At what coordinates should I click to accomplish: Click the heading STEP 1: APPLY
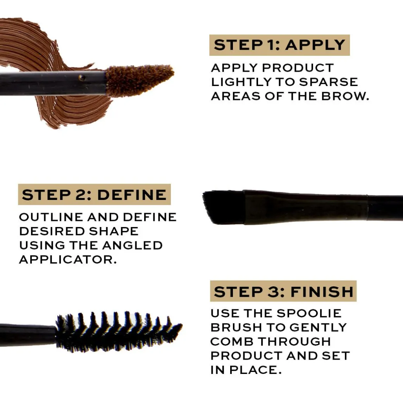click(x=279, y=45)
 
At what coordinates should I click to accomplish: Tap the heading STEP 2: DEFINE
click(x=94, y=195)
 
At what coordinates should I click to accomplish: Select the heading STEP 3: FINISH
click(x=284, y=292)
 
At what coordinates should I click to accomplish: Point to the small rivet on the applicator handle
click(x=82, y=77)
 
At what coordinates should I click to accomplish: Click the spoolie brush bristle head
click(x=119, y=332)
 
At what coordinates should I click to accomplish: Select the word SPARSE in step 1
click(x=329, y=82)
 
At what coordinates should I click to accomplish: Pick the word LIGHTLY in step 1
click(x=241, y=82)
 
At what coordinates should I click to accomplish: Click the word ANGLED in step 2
click(x=133, y=245)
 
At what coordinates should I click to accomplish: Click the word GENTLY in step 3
click(x=318, y=328)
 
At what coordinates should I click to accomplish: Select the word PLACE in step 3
click(x=253, y=370)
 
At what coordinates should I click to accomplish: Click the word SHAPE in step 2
click(x=114, y=231)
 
